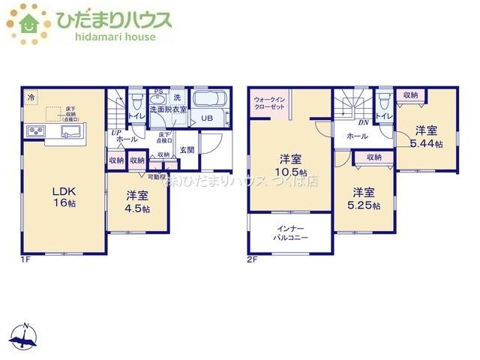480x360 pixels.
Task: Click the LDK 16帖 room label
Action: pos(64,196)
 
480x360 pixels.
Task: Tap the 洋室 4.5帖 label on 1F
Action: pos(137,202)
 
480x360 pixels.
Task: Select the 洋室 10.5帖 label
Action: pos(291,165)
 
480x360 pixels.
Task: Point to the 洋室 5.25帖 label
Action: pos(364,198)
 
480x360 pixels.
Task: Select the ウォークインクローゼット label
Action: pos(269,103)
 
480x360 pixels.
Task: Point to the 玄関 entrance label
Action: pos(187,150)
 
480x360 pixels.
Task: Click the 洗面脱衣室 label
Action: pos(168,109)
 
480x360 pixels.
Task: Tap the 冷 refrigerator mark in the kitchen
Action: pos(31,97)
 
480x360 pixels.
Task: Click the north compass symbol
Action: pos(26,337)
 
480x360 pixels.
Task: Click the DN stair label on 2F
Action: pos(362,122)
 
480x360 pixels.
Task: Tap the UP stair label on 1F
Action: pos(116,133)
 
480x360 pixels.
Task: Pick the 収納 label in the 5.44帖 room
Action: pos(409,95)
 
